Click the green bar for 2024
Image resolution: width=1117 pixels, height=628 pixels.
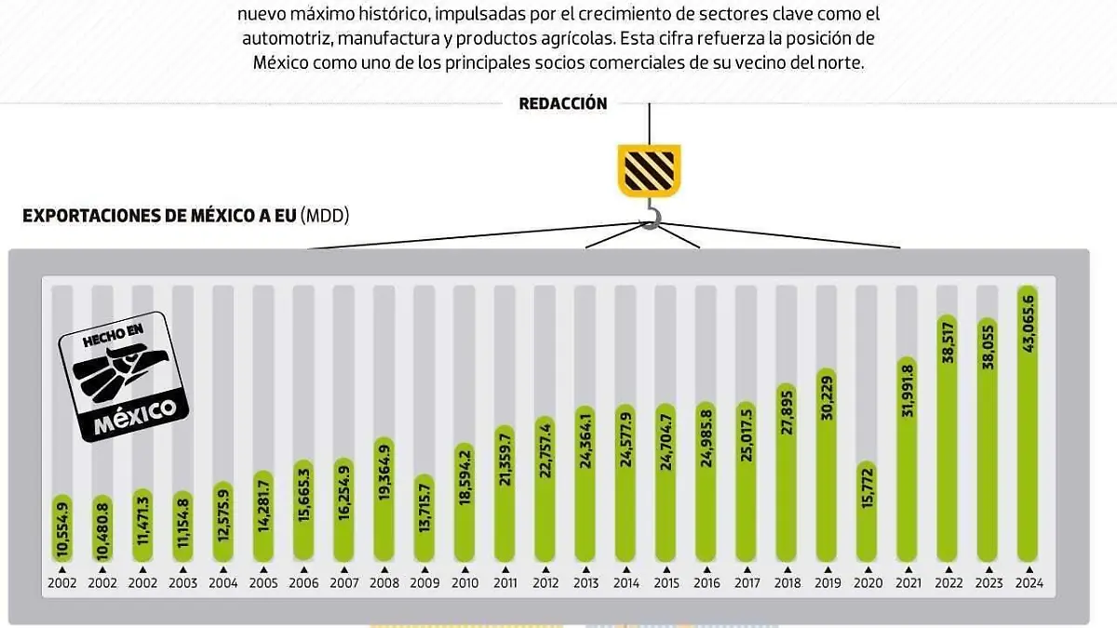[x=1028, y=423]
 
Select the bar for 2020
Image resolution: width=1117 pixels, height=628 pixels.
[x=866, y=512]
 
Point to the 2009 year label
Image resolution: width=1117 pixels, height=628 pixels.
[x=424, y=583]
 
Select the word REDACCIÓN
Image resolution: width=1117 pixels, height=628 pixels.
[x=563, y=103]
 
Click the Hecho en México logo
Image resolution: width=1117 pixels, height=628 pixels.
[x=124, y=377]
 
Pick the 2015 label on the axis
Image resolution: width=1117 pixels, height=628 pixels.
[x=666, y=583]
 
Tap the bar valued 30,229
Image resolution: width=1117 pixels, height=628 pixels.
[x=826, y=465]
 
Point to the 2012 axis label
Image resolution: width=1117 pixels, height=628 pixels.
[x=545, y=583]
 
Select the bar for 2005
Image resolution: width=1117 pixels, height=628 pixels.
[x=263, y=516]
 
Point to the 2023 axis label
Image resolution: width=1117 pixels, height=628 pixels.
[x=988, y=583]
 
